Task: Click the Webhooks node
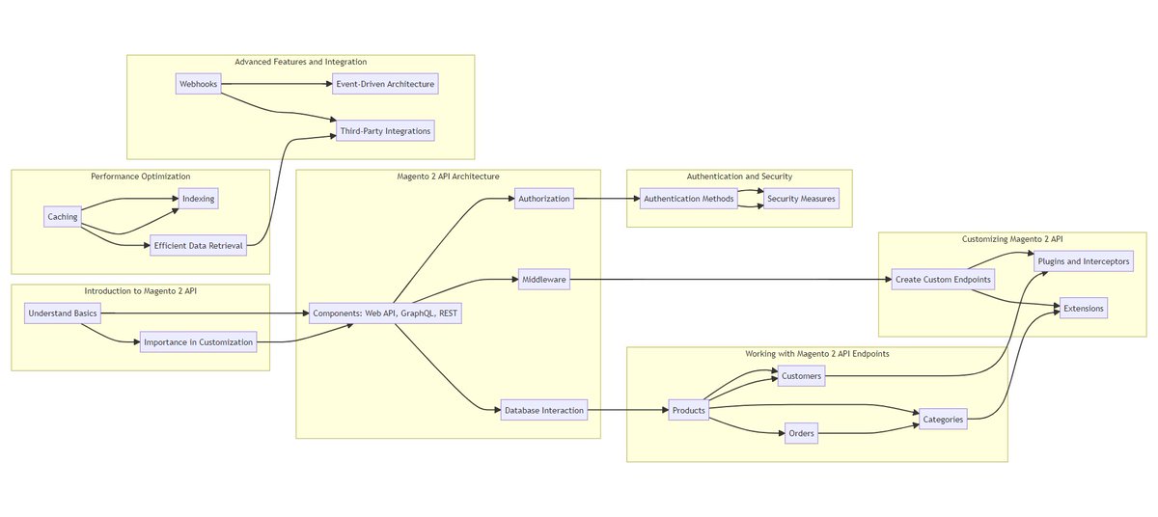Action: (198, 84)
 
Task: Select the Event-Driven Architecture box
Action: (385, 84)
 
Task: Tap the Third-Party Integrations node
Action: (385, 130)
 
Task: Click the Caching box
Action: (63, 216)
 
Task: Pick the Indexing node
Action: (198, 199)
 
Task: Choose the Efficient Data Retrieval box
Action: (199, 245)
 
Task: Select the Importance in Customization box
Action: (198, 341)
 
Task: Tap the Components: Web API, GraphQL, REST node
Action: (385, 313)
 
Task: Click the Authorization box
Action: (544, 199)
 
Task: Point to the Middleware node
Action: (544, 279)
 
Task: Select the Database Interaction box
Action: (544, 410)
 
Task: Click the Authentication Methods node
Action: (689, 199)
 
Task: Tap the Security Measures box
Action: (801, 199)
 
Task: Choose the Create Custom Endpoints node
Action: (942, 279)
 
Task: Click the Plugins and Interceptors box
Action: (1082, 261)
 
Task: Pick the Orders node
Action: (802, 433)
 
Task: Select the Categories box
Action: (943, 419)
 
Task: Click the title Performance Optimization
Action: (141, 177)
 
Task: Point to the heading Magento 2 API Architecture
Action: (448, 177)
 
